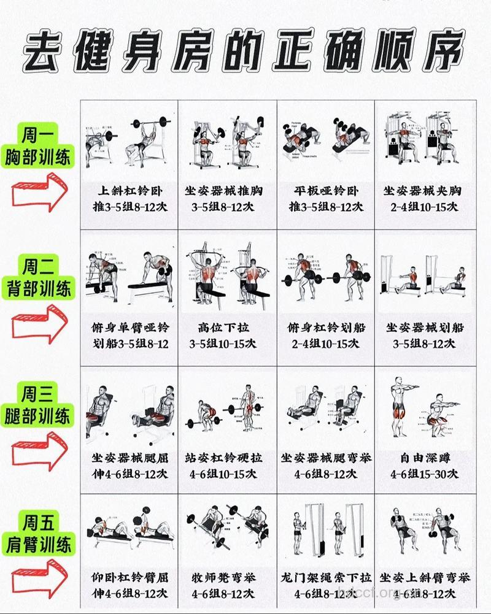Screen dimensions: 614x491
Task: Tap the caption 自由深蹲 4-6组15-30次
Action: tap(425, 466)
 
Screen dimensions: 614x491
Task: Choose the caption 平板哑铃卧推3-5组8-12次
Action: tap(326, 199)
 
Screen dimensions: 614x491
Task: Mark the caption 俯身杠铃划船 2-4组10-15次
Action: tap(326, 336)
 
